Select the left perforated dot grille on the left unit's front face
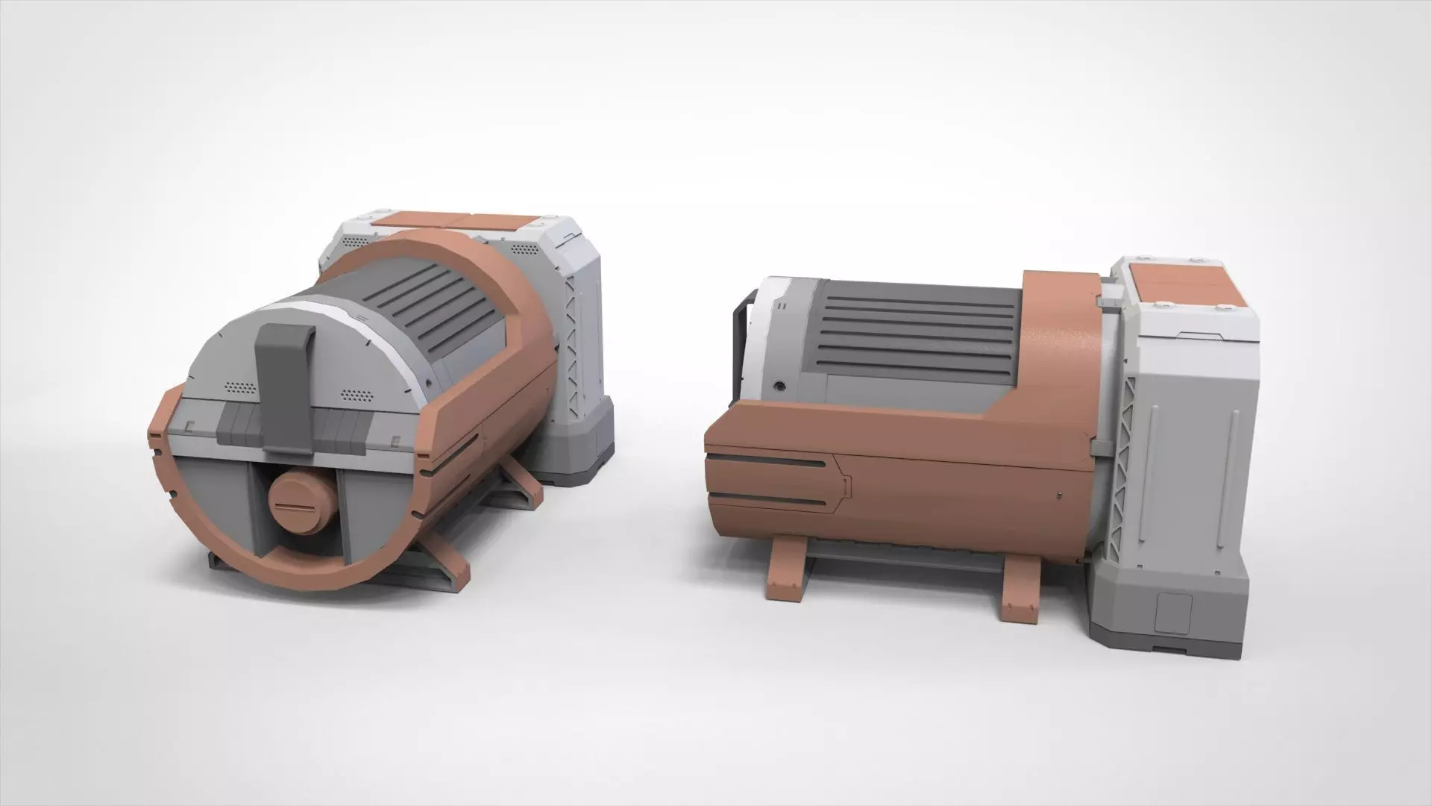(239, 389)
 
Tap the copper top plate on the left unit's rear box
(455, 222)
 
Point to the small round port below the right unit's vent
(779, 387)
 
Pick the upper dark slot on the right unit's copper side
(768, 463)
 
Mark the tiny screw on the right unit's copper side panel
(1060, 495)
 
